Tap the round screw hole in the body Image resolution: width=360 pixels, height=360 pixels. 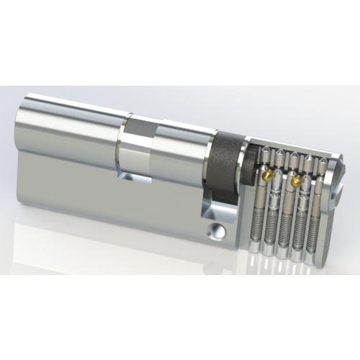pyautogui.click(x=215, y=231)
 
